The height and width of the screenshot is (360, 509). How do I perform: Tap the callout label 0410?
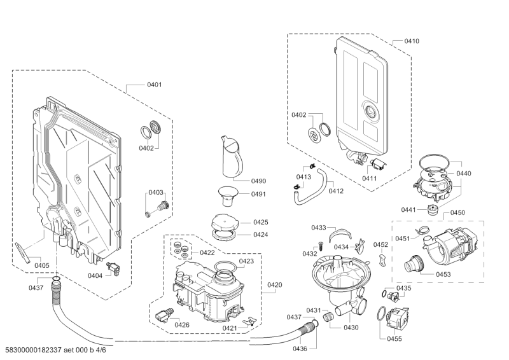(412, 41)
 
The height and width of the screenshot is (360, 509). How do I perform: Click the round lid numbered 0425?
(223, 224)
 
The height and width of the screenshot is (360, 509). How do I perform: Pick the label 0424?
(260, 235)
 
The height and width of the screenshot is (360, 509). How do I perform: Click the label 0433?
(319, 227)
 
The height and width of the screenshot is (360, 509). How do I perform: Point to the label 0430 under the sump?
(351, 327)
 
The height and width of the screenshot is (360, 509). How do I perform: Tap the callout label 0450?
(457, 212)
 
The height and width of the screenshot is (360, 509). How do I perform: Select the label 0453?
(443, 274)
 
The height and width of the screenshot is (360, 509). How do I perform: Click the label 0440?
(463, 174)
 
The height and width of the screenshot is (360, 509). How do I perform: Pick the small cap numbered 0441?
(435, 210)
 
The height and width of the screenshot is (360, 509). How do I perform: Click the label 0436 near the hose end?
(300, 349)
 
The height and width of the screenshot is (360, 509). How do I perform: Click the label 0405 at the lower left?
(42, 265)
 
